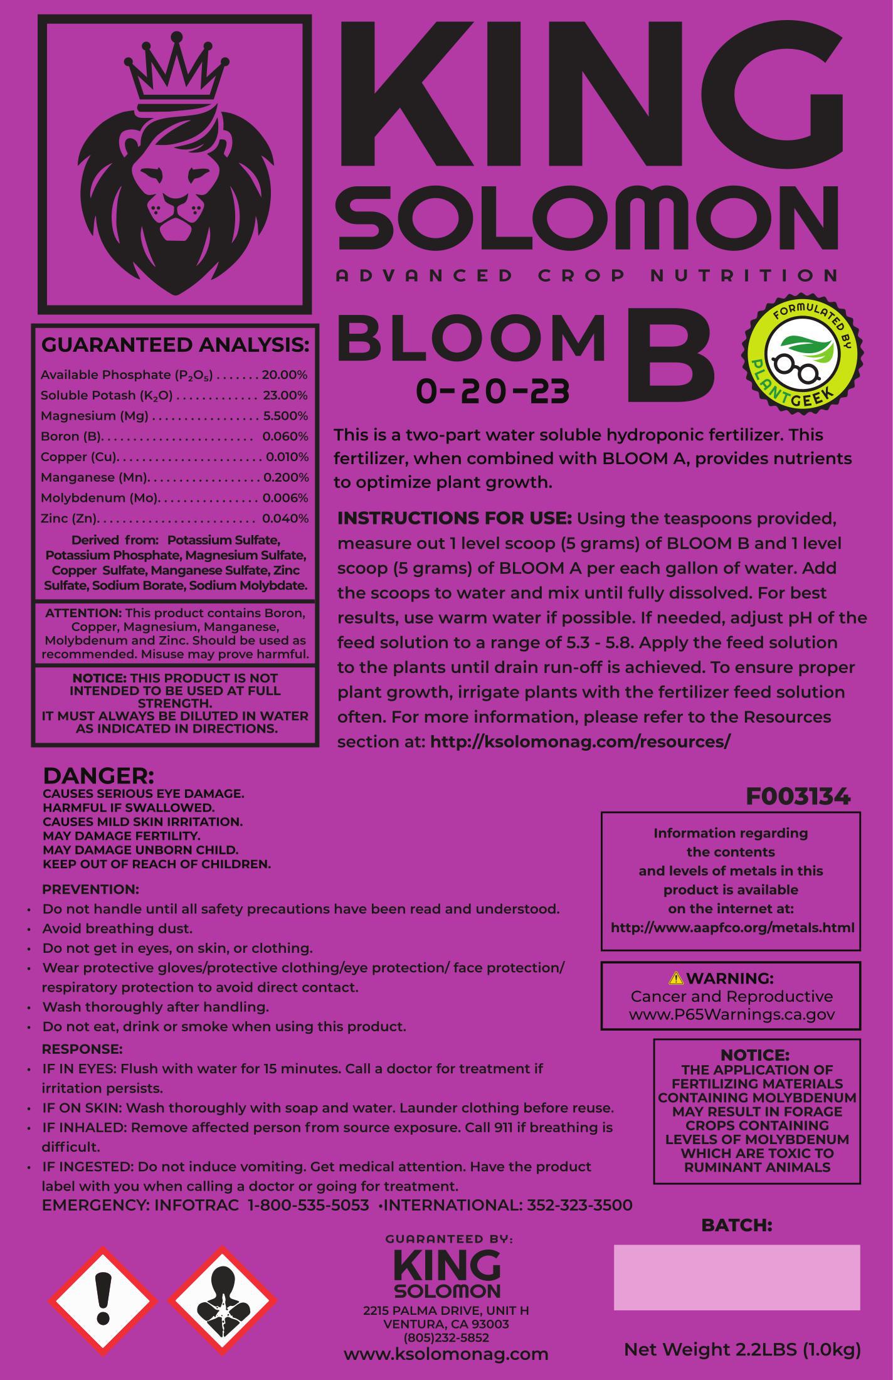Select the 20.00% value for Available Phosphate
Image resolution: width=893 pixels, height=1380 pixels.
(x=284, y=375)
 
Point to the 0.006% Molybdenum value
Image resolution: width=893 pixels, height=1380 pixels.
(x=285, y=498)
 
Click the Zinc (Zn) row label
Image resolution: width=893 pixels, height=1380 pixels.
(x=69, y=519)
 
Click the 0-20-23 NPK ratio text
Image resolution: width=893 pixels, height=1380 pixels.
(x=493, y=392)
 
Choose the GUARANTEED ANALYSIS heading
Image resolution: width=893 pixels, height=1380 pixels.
(x=175, y=345)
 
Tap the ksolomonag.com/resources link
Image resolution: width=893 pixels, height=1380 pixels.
(x=580, y=741)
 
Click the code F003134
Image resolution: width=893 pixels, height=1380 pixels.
(x=798, y=797)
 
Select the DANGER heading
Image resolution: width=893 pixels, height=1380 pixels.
(x=98, y=776)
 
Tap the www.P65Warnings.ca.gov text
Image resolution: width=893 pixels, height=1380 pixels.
(x=731, y=1015)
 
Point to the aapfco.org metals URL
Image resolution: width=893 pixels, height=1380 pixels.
(x=732, y=928)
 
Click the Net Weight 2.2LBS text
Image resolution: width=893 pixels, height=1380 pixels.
(x=742, y=1349)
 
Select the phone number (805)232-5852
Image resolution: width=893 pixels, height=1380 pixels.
(x=446, y=1338)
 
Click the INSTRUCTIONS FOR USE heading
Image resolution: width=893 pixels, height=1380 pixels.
(x=455, y=519)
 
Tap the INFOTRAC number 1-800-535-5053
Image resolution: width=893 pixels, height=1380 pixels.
(x=309, y=1205)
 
